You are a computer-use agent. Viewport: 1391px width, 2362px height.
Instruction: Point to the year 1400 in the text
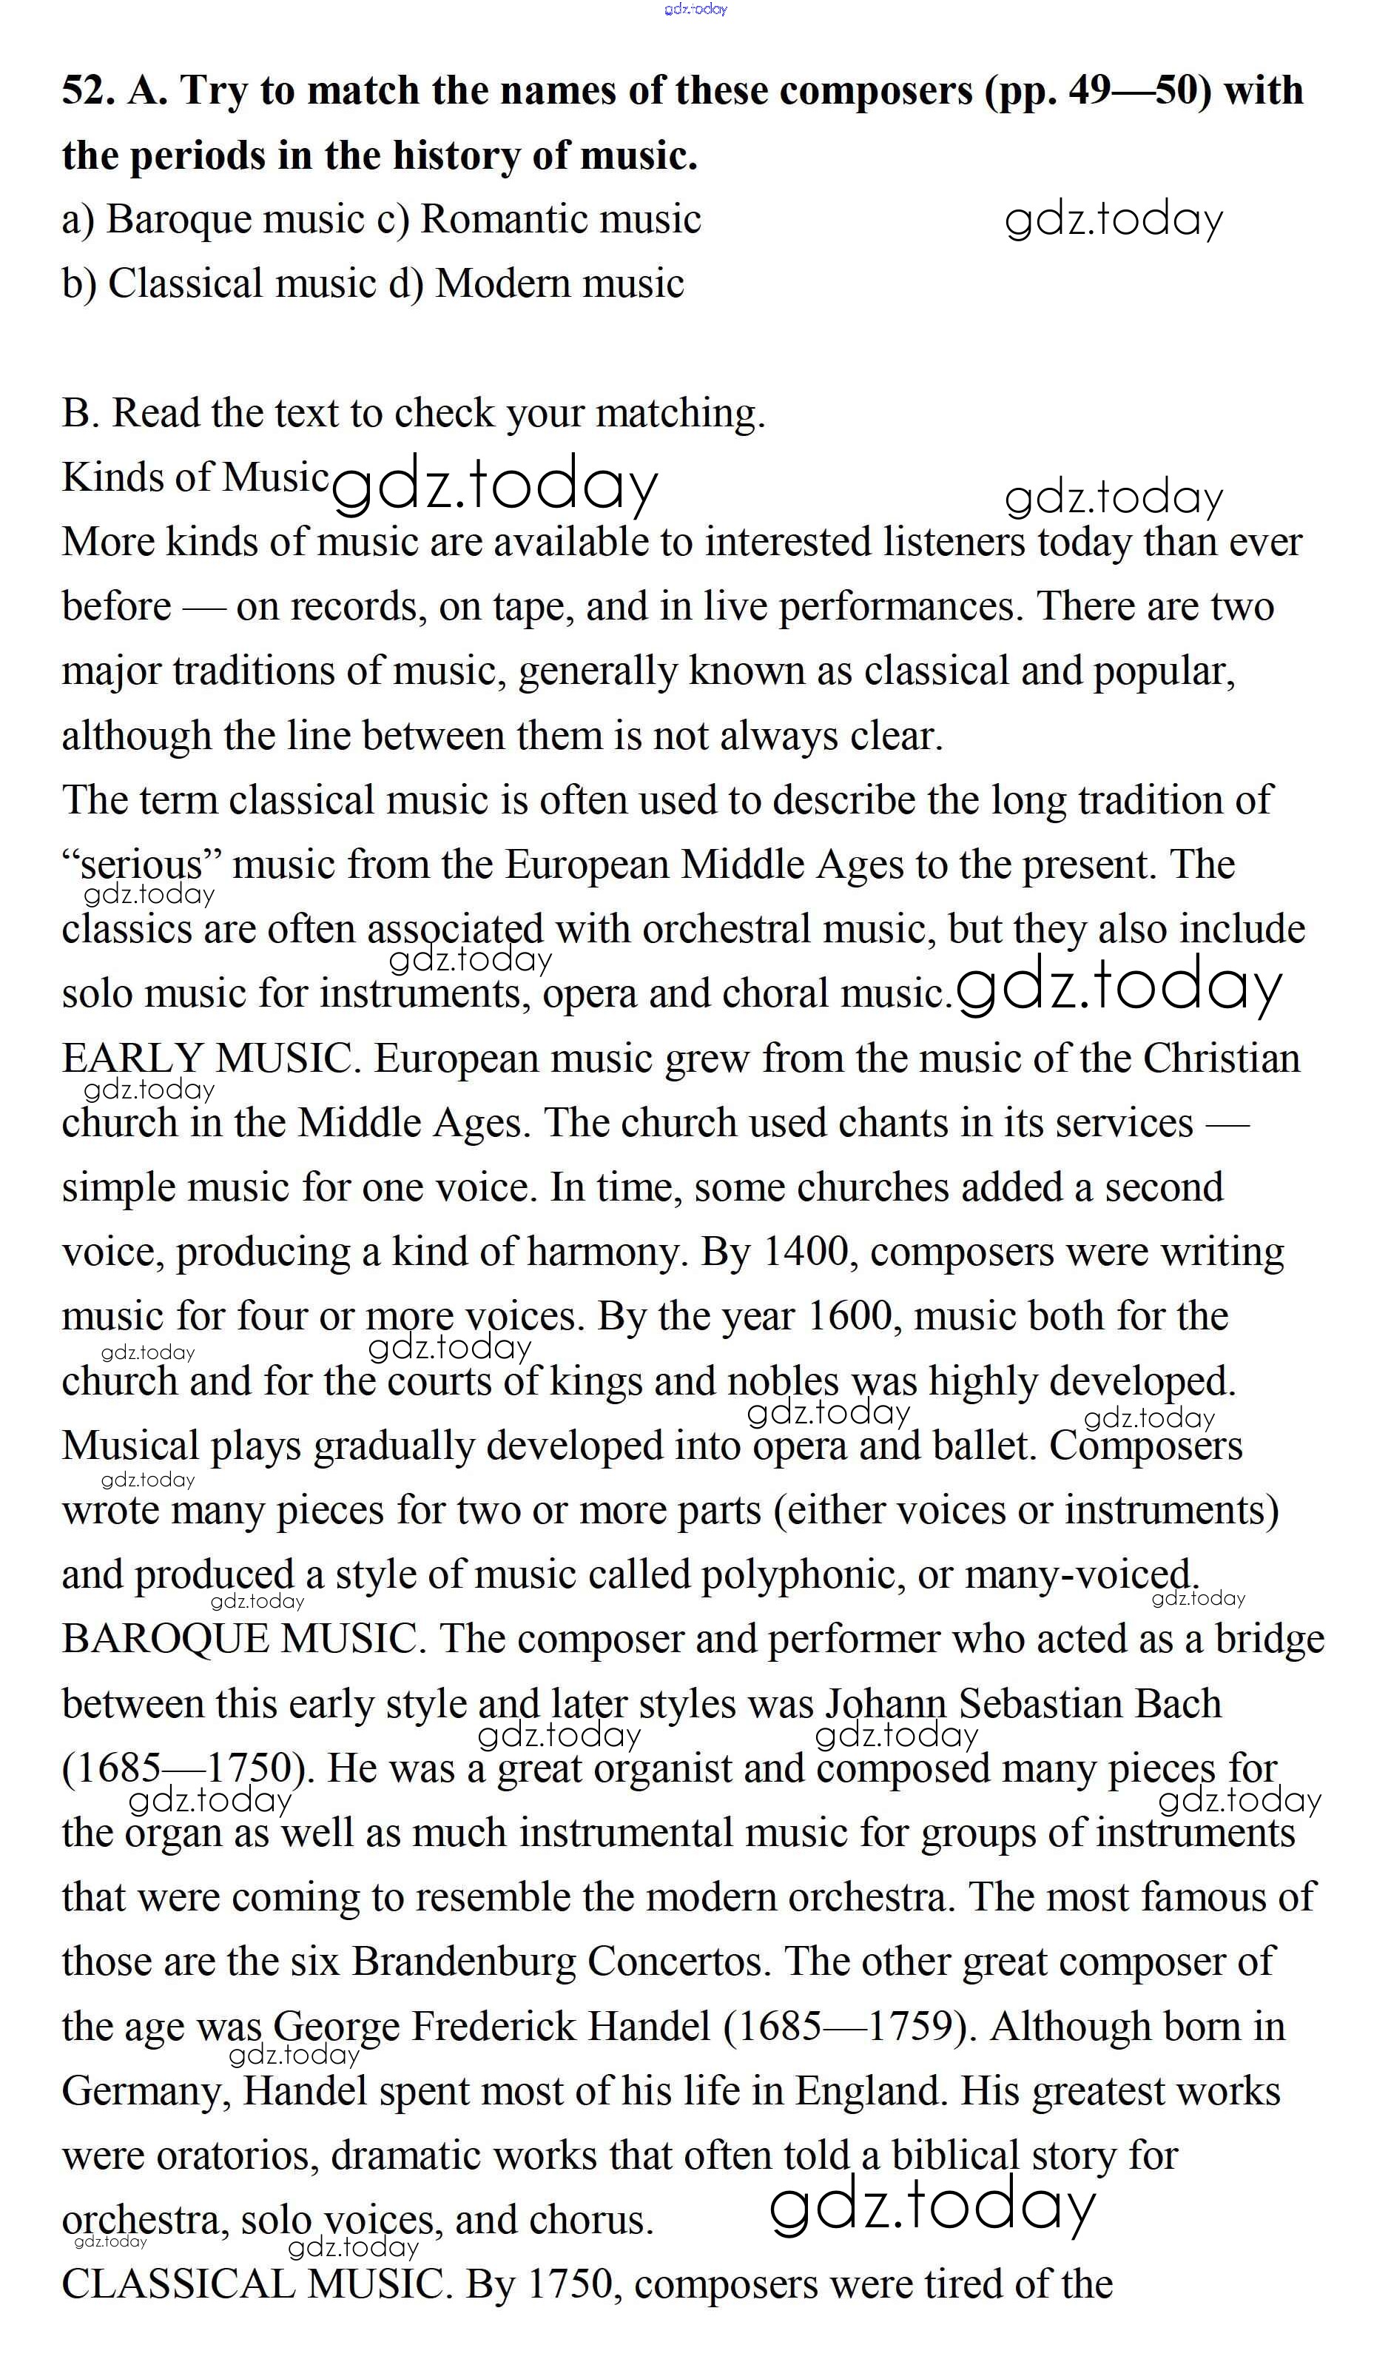pyautogui.click(x=805, y=1252)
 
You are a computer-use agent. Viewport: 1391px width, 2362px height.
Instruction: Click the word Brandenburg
pyautogui.click(x=464, y=1962)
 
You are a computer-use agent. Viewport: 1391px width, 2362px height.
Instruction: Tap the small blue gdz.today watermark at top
pyautogui.click(x=695, y=10)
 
